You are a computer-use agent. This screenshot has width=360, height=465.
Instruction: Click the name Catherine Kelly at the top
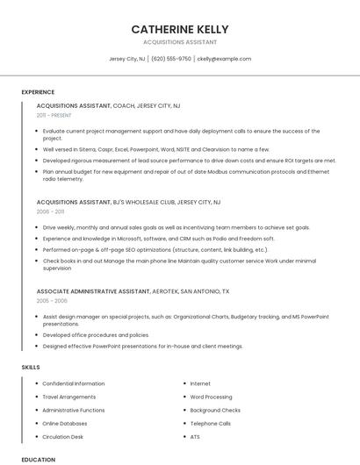click(x=180, y=28)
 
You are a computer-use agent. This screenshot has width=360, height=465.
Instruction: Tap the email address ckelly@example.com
click(x=224, y=59)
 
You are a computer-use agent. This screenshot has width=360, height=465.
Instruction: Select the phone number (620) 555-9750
click(x=171, y=59)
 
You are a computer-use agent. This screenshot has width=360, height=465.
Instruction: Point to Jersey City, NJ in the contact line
click(x=127, y=59)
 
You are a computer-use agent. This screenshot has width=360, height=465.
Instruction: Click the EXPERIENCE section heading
click(x=38, y=91)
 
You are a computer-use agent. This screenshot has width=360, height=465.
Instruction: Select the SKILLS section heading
click(x=31, y=366)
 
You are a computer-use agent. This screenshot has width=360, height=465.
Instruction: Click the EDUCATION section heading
click(x=38, y=459)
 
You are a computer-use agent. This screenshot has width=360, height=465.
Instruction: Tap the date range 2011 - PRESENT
click(x=54, y=115)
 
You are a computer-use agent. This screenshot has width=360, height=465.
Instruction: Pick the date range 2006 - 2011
click(x=51, y=212)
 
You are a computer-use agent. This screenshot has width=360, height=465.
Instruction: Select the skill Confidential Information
click(x=74, y=383)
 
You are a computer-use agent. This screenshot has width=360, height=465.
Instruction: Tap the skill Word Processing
click(x=211, y=397)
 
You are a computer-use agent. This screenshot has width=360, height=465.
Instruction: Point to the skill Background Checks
click(x=215, y=410)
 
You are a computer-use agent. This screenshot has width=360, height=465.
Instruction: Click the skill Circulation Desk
click(x=63, y=436)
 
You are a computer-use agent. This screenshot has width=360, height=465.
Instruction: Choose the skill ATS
click(x=195, y=436)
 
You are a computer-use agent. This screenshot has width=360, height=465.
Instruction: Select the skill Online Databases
click(x=66, y=423)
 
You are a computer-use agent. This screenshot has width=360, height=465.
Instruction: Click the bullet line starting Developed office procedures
click(x=96, y=334)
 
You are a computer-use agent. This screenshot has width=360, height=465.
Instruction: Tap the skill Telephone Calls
click(x=210, y=423)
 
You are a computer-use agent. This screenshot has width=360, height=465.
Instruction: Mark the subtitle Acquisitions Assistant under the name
click(x=180, y=42)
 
